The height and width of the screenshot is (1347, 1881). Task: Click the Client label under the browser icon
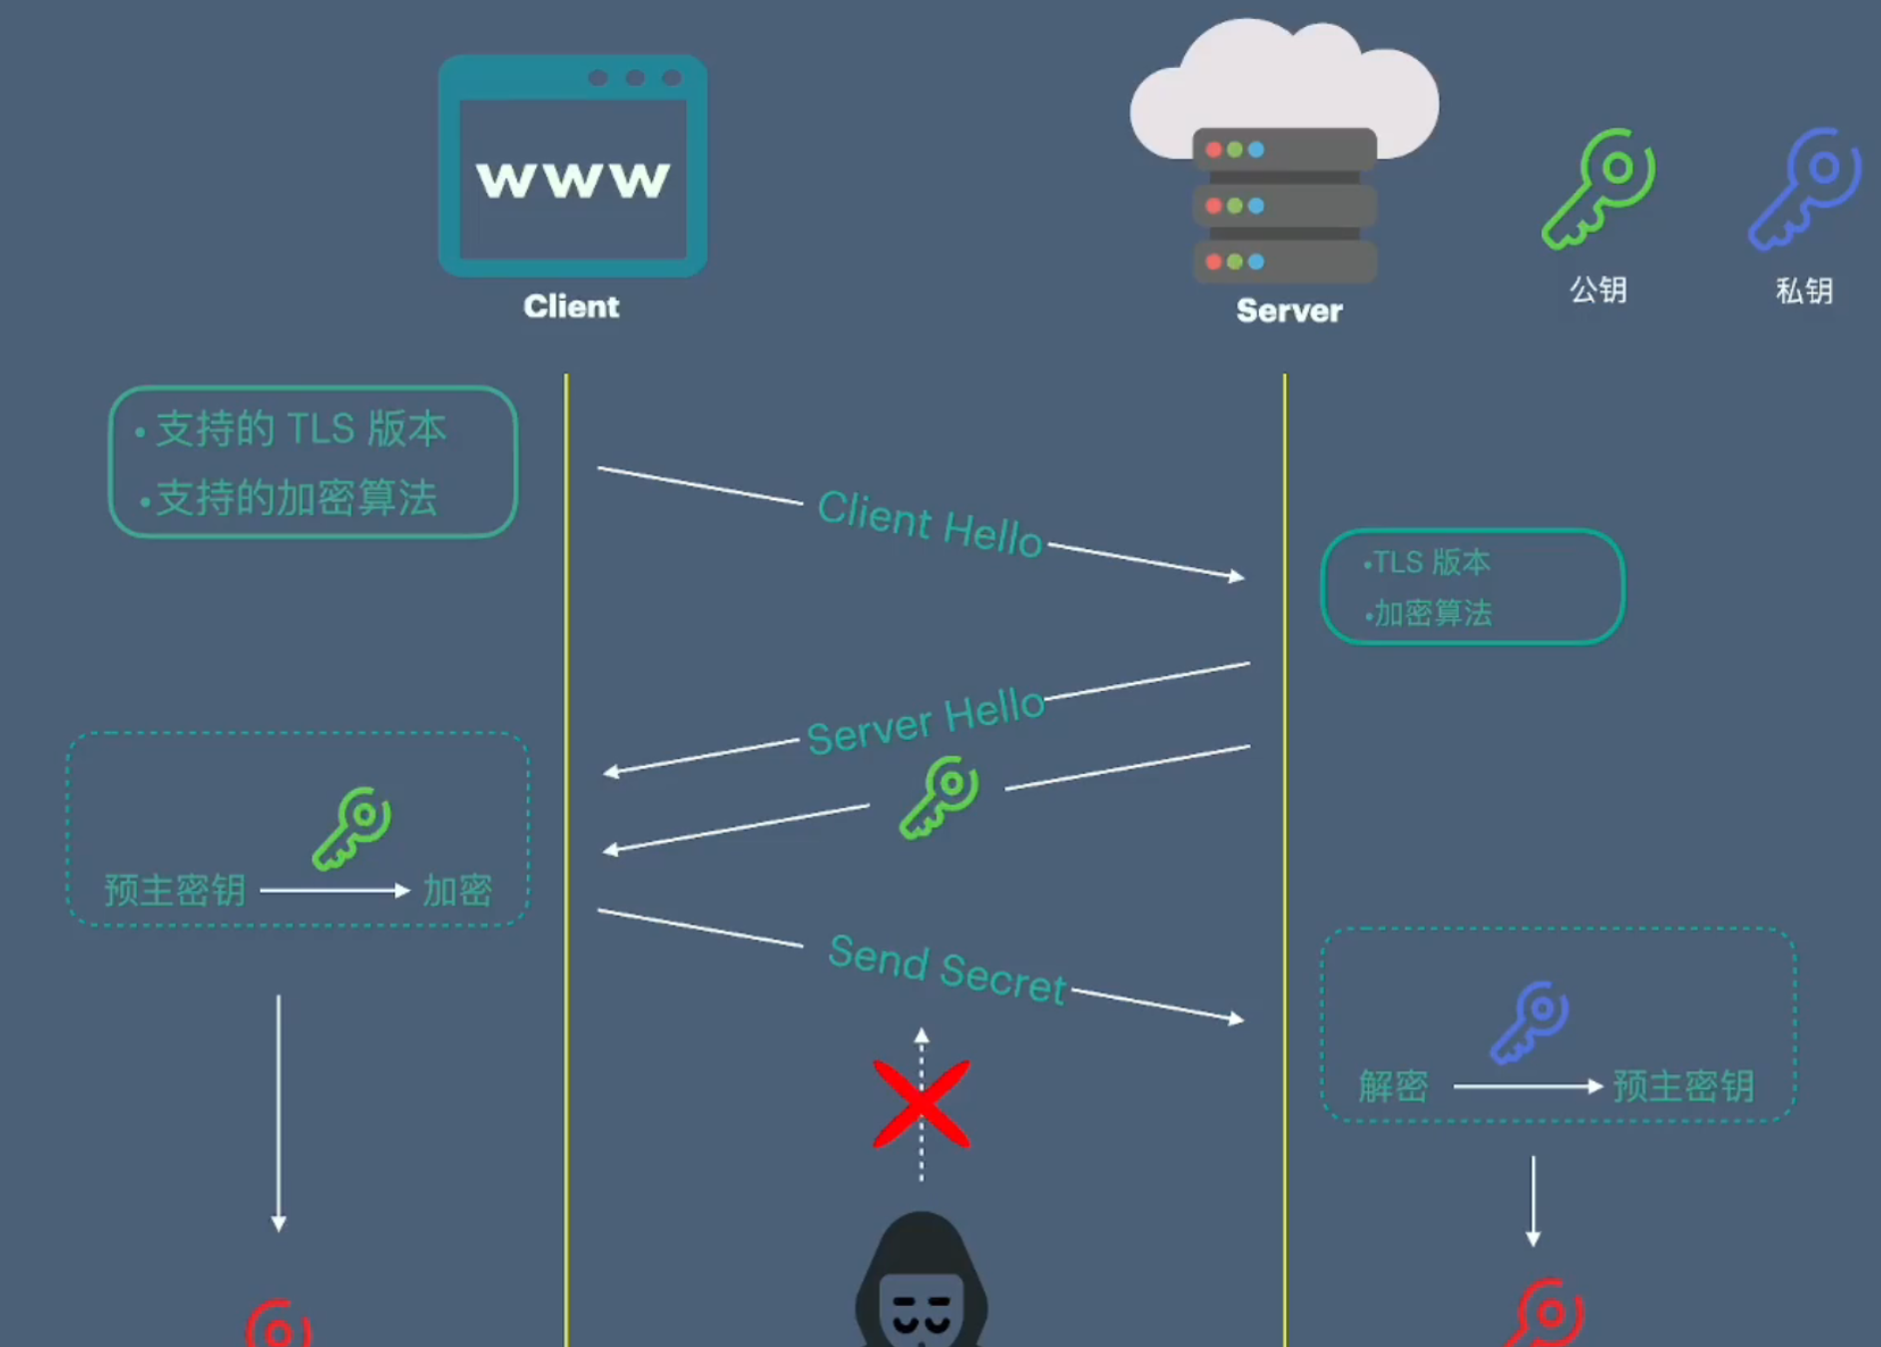click(x=571, y=307)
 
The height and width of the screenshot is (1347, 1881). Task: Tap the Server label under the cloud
click(x=1289, y=311)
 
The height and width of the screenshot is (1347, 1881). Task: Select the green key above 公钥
click(x=1597, y=189)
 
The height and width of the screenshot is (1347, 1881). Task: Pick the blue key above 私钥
click(x=1804, y=189)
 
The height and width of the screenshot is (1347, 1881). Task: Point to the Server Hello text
click(x=926, y=721)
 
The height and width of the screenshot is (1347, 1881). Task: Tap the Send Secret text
click(x=946, y=969)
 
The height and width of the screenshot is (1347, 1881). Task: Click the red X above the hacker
click(x=922, y=1103)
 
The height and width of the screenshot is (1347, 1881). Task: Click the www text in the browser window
click(x=572, y=181)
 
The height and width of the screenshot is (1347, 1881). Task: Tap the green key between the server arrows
click(x=939, y=797)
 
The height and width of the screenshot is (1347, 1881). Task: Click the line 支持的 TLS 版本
click(x=301, y=429)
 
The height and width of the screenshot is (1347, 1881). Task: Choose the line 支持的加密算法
click(x=297, y=497)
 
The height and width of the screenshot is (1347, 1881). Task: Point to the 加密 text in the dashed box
click(x=457, y=891)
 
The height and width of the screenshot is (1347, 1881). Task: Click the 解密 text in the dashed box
click(x=1393, y=1086)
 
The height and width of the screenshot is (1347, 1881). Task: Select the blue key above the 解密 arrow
click(x=1530, y=1021)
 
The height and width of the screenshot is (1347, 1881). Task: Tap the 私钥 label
click(x=1804, y=291)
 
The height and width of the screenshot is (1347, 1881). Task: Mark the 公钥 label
click(x=1597, y=290)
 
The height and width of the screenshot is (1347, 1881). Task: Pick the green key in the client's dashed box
click(x=351, y=829)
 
